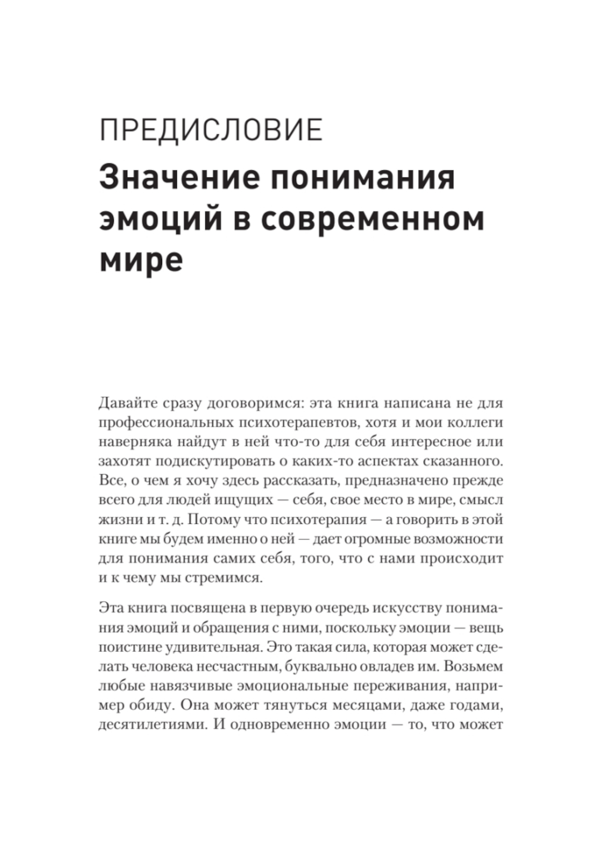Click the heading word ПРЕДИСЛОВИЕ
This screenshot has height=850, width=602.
(211, 130)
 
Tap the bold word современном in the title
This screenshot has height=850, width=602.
(373, 220)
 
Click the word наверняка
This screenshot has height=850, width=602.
(133, 442)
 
